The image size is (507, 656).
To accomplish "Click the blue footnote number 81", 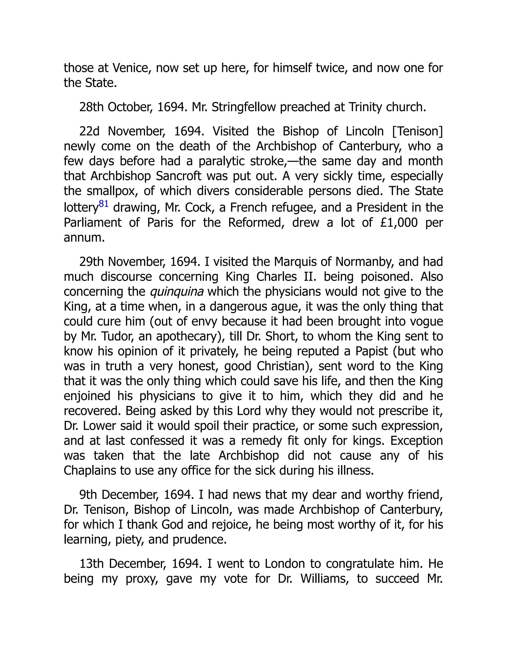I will point(104,204).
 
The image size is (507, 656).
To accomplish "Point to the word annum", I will point(84,238).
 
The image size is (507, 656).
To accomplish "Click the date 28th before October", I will point(91,107).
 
